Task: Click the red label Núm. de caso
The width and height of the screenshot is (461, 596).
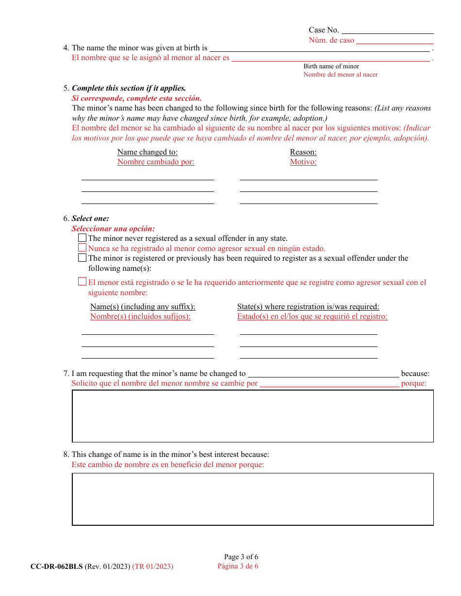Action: point(331,40)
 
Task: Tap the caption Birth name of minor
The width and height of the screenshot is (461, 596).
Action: point(331,66)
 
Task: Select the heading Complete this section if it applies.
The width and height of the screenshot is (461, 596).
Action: point(129,88)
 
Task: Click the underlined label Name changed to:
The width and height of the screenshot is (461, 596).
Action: point(148,152)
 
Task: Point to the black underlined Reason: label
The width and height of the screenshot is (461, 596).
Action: point(303,152)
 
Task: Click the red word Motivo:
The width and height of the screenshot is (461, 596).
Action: point(303,162)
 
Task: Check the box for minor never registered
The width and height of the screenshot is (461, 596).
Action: point(82,238)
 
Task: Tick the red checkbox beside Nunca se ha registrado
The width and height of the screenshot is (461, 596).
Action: point(82,248)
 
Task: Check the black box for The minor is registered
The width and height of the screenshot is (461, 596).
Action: point(82,258)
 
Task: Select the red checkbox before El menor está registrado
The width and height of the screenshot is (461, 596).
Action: point(82,282)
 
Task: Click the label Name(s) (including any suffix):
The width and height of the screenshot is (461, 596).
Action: point(143,307)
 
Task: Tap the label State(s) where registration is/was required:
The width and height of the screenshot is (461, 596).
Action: point(308,307)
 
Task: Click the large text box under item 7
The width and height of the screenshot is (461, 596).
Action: point(253,416)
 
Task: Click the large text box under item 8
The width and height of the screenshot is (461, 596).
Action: point(253,499)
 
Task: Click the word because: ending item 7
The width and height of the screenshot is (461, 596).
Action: point(415,374)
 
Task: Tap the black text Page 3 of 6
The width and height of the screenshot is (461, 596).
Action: point(241,557)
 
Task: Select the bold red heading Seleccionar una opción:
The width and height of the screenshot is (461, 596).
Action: point(113,229)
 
